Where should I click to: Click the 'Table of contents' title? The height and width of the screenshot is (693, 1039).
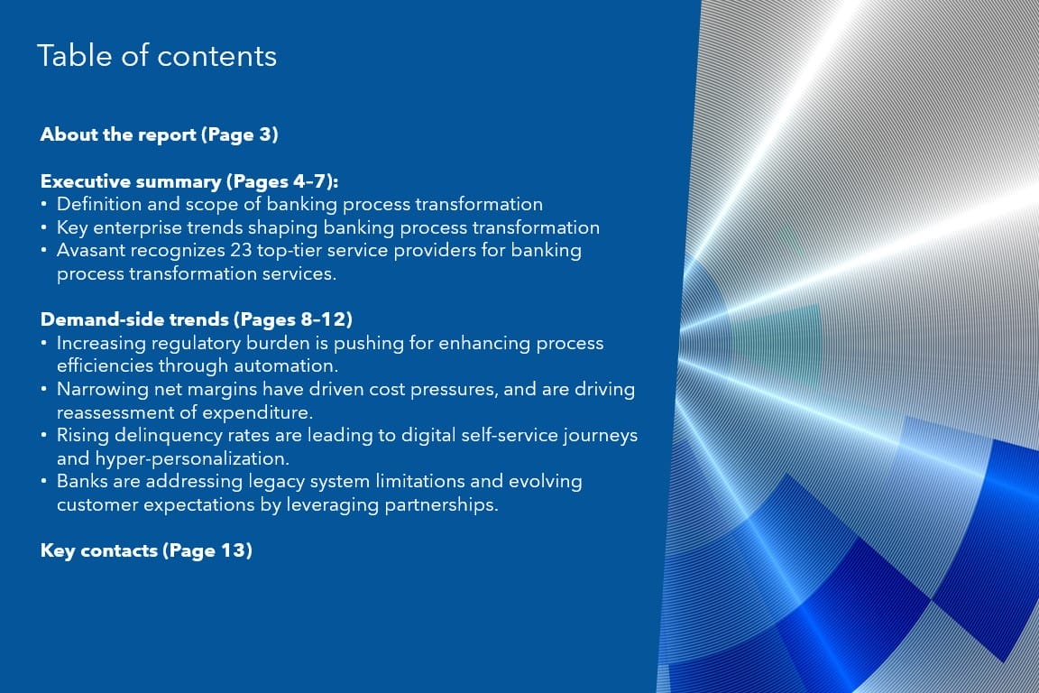coord(157,56)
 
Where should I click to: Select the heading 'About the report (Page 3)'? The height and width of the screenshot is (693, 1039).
coord(159,134)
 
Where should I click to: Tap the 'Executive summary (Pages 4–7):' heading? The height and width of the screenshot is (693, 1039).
coord(189,181)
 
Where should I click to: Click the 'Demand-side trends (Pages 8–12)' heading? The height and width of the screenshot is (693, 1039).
coord(196,319)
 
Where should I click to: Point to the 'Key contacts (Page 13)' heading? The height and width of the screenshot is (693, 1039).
coord(146,550)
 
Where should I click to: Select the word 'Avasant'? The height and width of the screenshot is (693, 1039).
coord(91,251)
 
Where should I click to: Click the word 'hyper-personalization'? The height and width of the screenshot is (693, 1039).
coord(191,459)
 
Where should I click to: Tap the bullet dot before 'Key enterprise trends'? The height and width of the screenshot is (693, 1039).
coord(43,228)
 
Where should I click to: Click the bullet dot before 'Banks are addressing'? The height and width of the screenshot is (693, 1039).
coord(43,482)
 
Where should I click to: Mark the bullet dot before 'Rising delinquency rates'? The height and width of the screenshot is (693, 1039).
coord(43,436)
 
